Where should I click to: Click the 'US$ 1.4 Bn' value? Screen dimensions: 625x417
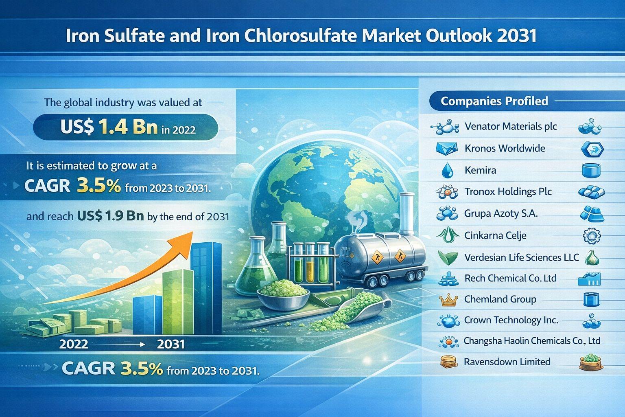109,127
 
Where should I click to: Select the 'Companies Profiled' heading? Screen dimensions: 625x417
494,101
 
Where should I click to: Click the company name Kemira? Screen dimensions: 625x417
480,170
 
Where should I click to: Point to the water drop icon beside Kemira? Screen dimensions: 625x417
447,170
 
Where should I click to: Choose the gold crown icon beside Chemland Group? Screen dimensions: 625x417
448,300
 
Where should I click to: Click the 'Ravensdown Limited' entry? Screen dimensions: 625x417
507,362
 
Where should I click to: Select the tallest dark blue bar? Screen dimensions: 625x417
206,288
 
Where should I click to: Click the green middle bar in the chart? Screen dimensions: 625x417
177,302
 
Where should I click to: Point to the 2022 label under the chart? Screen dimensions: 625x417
74,344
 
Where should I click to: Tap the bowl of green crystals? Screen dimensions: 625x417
283,295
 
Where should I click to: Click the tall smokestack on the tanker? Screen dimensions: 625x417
407,214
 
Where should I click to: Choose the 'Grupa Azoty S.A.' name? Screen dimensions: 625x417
500,213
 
